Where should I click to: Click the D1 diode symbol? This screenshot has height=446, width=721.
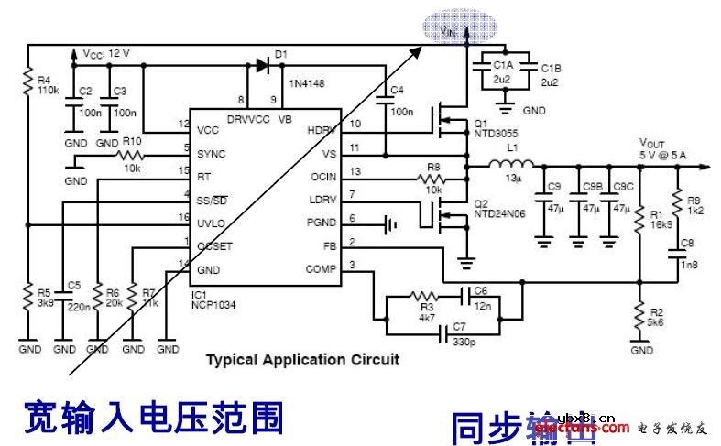pos(263,65)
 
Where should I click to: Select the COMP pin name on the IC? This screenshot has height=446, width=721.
pos(320,269)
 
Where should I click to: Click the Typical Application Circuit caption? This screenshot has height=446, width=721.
pos(302,360)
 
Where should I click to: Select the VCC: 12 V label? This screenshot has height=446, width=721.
pos(106,53)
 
